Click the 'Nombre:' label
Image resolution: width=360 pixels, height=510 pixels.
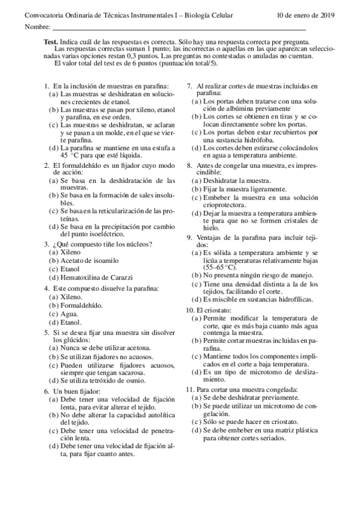(x=37, y=28)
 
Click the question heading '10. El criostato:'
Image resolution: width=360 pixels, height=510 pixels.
(x=206, y=309)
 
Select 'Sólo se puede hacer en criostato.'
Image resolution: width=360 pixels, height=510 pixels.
(x=253, y=422)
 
